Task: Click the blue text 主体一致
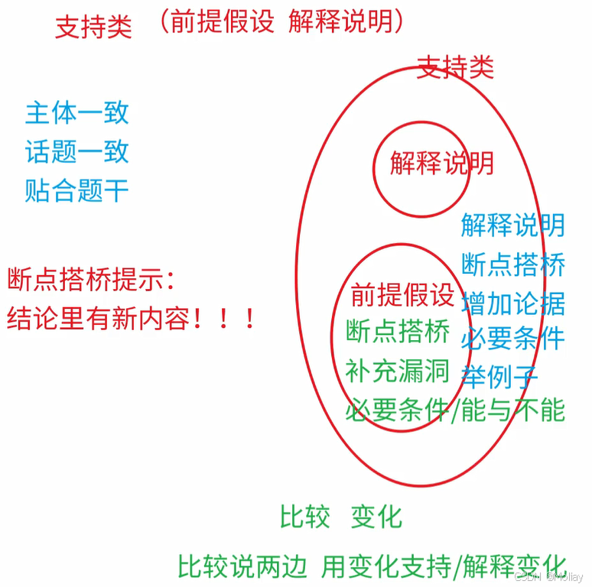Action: point(76,113)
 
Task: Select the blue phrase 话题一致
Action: point(76,151)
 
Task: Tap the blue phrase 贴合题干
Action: point(76,190)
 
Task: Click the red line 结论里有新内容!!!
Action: point(131,318)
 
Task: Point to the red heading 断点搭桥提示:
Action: point(92,280)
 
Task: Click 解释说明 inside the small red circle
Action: point(441,163)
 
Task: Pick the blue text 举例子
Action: point(500,376)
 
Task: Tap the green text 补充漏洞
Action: point(397,371)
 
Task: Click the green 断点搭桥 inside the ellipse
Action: point(397,332)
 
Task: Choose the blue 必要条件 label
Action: point(513,339)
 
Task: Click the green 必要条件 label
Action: point(397,410)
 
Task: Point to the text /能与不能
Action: point(509,411)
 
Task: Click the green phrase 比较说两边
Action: point(242,566)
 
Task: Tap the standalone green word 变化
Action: point(376,517)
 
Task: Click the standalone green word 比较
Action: point(304,517)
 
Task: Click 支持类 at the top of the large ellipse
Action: point(455,67)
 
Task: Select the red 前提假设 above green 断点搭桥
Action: point(402,294)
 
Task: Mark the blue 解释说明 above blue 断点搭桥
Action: point(513,225)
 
